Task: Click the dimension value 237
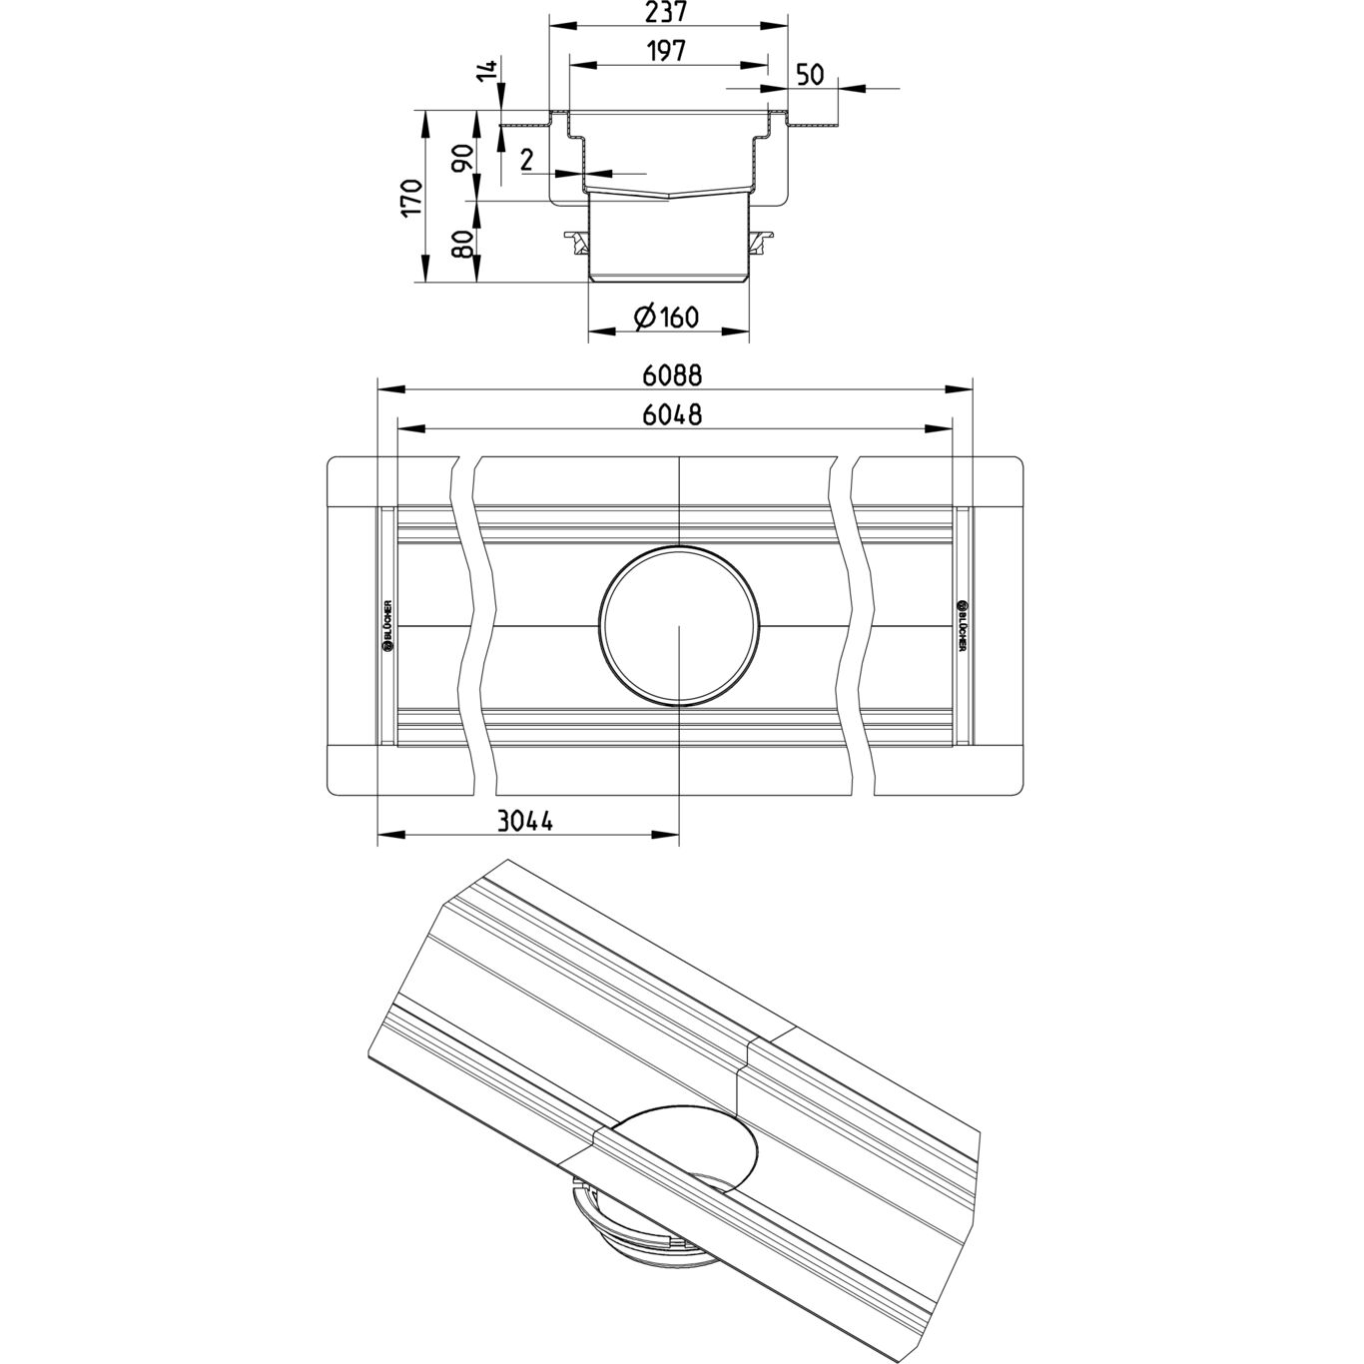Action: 668,12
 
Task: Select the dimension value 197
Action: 667,51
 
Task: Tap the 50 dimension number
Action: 810,75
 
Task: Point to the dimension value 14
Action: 487,73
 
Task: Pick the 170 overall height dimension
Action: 410,199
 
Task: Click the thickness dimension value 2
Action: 526,159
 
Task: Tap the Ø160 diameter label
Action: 665,319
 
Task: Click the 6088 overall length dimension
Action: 673,374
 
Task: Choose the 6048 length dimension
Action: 672,414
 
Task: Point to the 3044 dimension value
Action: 524,821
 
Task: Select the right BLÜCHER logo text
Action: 963,625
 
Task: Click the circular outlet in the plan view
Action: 677,626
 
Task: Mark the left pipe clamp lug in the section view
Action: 576,241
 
